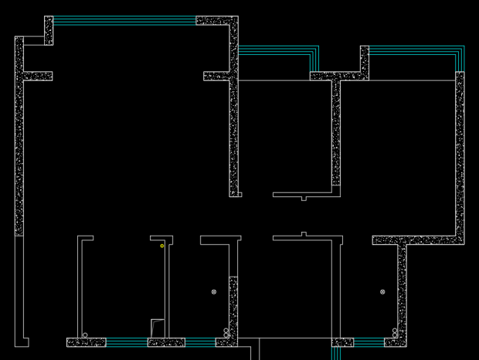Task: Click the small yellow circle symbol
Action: tap(162, 246)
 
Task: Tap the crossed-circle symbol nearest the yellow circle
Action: tap(214, 292)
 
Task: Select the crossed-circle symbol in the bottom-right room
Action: tap(382, 292)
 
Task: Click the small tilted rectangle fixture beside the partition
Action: tap(158, 328)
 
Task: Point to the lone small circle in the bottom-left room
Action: tap(85, 335)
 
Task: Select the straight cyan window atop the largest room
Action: tap(124, 21)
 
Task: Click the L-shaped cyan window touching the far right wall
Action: tap(417, 51)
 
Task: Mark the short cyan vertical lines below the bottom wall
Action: tap(336, 353)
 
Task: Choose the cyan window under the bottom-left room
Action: tap(127, 342)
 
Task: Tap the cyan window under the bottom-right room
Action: tap(369, 342)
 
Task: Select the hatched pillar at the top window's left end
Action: tap(49, 30)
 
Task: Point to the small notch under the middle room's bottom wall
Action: tap(304, 199)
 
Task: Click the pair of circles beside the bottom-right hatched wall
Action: tap(395, 333)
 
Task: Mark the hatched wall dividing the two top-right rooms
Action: tap(336, 131)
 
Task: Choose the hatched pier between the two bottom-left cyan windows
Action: tap(166, 342)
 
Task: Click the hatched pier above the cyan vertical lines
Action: tap(342, 342)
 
